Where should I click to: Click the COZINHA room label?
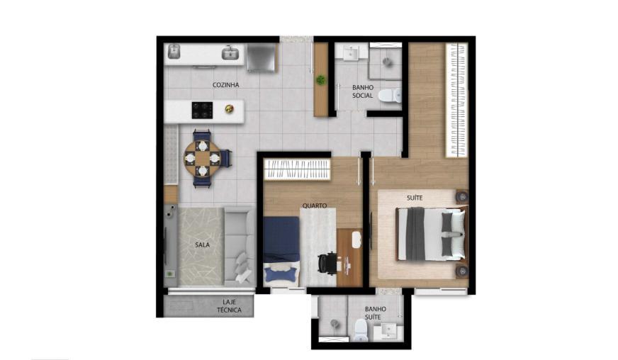[x=225, y=85]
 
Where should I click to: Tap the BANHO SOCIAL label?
[x=363, y=91]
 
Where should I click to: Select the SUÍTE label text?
[x=415, y=198]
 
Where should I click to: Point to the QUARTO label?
[x=315, y=206]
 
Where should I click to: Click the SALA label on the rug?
[x=202, y=245]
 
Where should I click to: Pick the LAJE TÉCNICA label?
[x=229, y=306]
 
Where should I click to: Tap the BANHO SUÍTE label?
[x=375, y=313]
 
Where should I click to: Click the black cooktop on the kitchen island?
[x=202, y=111]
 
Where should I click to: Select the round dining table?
[x=203, y=159]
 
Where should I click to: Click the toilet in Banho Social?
[x=389, y=96]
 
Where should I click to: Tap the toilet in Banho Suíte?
[x=361, y=330]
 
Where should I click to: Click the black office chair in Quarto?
[x=328, y=264]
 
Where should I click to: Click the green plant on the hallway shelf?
[x=321, y=79]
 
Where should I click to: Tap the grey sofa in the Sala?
[x=240, y=246]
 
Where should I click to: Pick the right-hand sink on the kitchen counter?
[x=230, y=53]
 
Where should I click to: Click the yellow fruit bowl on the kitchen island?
[x=229, y=109]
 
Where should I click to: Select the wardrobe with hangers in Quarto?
[x=297, y=169]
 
